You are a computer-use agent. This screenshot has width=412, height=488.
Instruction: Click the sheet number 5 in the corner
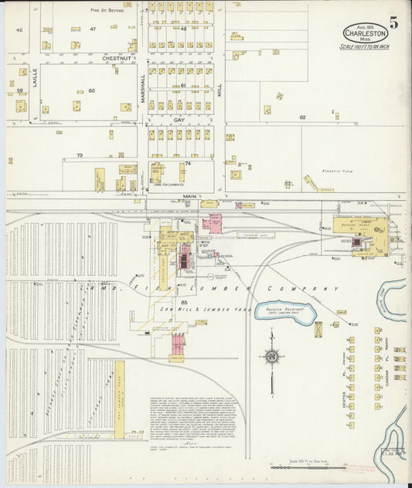tap(394, 22)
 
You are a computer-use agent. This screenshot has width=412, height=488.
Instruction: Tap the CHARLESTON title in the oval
tap(365, 34)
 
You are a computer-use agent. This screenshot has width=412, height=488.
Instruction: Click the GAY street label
tap(179, 120)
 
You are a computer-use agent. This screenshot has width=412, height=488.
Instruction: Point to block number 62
tap(303, 117)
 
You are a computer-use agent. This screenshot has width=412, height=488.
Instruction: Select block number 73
tap(79, 155)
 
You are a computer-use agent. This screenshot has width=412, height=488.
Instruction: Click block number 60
tap(90, 90)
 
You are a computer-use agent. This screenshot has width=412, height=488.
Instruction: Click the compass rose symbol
tap(271, 356)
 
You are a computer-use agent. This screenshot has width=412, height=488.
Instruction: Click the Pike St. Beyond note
tap(106, 10)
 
